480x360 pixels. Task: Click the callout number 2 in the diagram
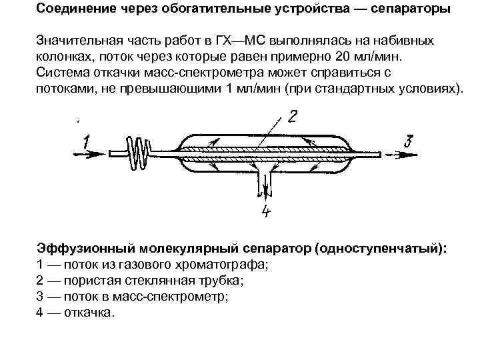coord(291,118)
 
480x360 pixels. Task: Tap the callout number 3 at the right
coord(409,141)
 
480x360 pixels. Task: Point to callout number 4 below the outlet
coord(266,212)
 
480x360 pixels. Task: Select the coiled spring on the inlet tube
coord(141,155)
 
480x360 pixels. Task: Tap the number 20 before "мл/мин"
coord(341,56)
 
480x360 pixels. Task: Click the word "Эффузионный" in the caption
coord(85,249)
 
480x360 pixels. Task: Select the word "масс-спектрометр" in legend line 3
coord(171,296)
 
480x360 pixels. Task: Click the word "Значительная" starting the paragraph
coord(78,41)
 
